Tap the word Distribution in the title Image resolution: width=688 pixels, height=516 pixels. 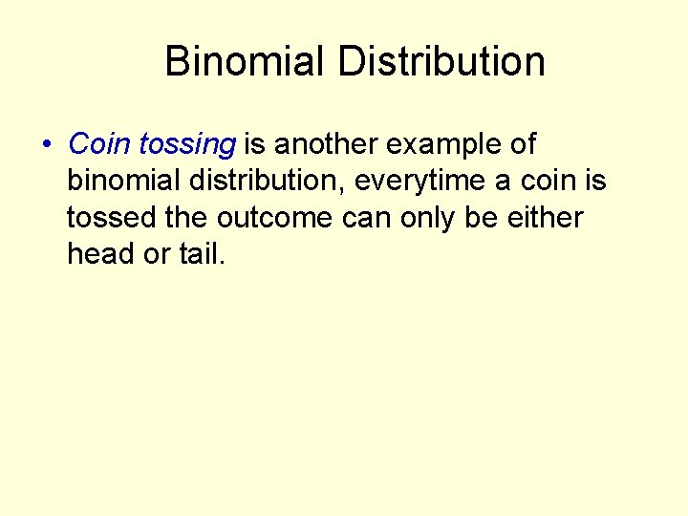pyautogui.click(x=441, y=62)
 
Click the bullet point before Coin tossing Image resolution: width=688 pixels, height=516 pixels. pyautogui.click(x=46, y=145)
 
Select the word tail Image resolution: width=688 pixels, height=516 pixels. pyautogui.click(x=201, y=254)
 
